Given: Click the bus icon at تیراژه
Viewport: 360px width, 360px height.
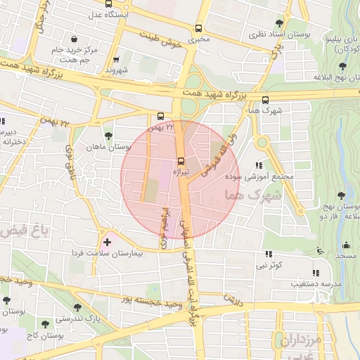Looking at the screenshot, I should (x=181, y=161).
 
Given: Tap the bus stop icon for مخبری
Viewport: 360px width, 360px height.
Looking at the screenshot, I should (x=199, y=29).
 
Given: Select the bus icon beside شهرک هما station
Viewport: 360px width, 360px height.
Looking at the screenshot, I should (x=265, y=100).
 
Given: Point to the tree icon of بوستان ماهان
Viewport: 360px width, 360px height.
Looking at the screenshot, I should (x=108, y=136).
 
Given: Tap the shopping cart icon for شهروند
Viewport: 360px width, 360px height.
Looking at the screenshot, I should (x=117, y=60).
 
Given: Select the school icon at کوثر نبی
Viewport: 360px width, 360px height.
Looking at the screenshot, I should (x=268, y=254).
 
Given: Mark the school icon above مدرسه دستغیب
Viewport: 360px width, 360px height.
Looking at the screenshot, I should (x=315, y=272).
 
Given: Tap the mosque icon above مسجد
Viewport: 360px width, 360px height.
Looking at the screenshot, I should (x=345, y=245).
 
